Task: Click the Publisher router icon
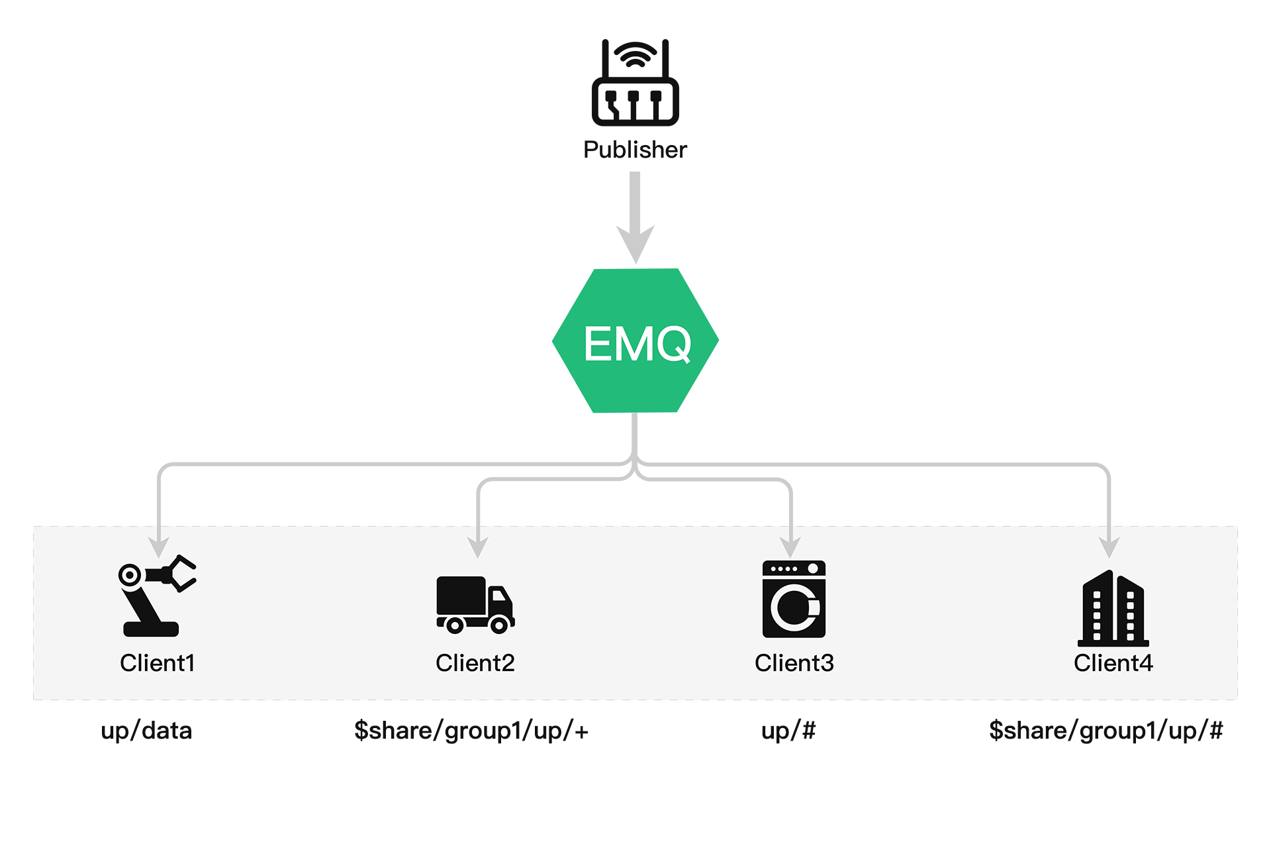(x=635, y=86)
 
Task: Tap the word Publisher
(x=635, y=150)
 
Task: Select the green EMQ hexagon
(x=635, y=341)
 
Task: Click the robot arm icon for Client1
(x=156, y=596)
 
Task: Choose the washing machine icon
(x=794, y=599)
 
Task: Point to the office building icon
(x=1113, y=608)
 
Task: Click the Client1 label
(x=157, y=663)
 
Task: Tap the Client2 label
(x=475, y=663)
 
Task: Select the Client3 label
(x=794, y=663)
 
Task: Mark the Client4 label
(x=1113, y=663)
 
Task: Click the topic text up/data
(x=146, y=731)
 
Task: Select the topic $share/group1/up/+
(x=471, y=731)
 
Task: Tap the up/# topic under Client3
(x=788, y=731)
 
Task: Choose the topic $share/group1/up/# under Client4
(x=1106, y=731)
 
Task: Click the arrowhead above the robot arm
(x=159, y=547)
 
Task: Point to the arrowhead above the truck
(x=477, y=547)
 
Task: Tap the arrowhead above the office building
(x=1109, y=547)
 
